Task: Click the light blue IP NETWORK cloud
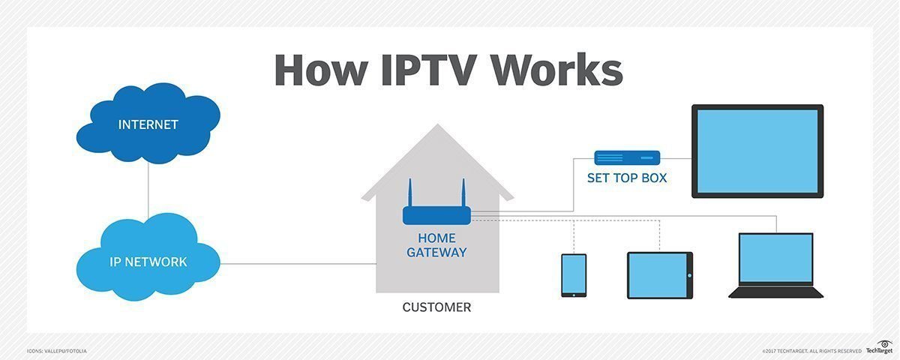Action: coord(148,262)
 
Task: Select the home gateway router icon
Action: coord(436,215)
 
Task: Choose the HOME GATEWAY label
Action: coord(436,246)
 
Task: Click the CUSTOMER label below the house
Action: coord(436,307)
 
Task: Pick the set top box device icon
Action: coord(627,158)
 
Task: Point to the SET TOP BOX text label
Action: coord(627,179)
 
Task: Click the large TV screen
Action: coord(757,151)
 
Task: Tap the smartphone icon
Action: coord(574,275)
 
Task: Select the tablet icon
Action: coord(659,275)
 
